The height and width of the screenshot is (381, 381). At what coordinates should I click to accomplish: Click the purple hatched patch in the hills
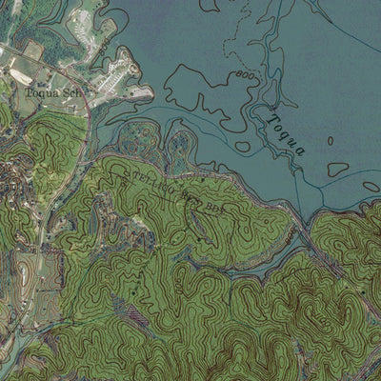[x=139, y=312]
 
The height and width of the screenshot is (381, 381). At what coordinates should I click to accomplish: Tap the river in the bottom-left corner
[x=10, y=362]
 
